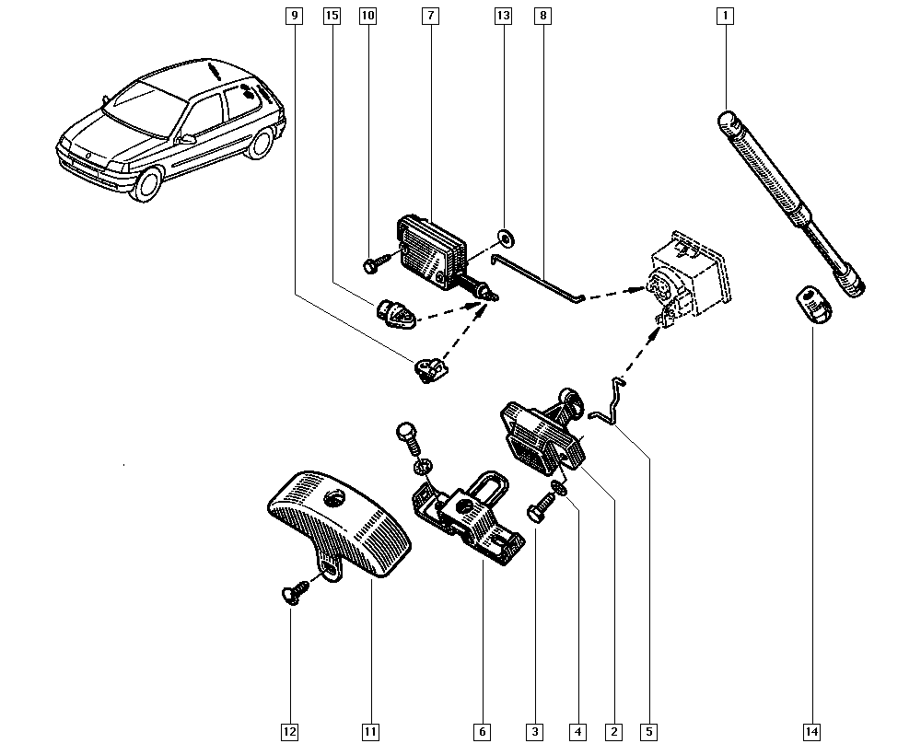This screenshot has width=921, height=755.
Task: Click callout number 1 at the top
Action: (725, 16)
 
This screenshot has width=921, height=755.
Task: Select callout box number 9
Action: (294, 16)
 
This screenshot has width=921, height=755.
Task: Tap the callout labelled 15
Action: (332, 16)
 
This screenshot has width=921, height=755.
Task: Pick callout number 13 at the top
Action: (502, 16)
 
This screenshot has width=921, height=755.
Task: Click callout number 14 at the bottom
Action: (811, 732)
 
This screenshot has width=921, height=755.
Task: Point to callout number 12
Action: (289, 732)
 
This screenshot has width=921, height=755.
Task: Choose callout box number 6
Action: (482, 732)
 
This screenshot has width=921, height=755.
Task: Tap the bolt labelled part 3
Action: (539, 509)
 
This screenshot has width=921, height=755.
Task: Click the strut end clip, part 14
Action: (811, 304)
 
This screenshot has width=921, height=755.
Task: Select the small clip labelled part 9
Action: (427, 371)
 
